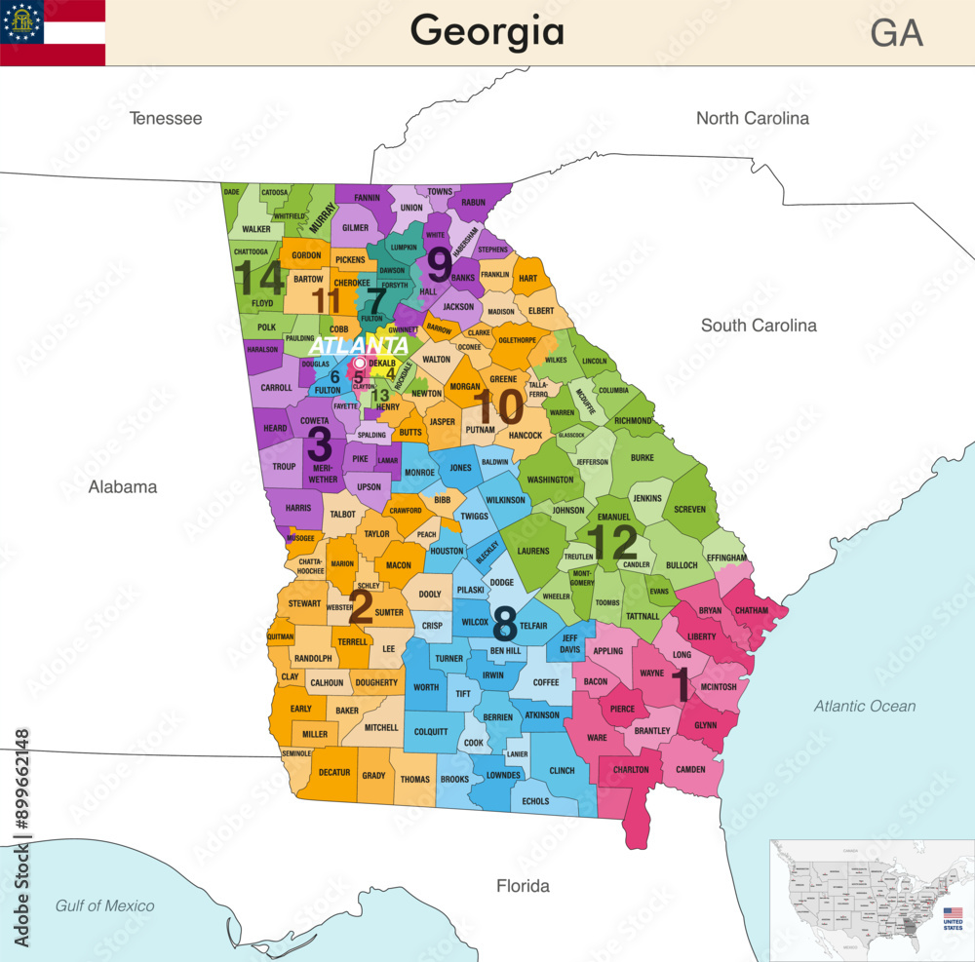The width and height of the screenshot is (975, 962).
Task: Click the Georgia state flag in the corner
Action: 53,32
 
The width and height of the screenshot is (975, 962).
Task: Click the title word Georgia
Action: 487,31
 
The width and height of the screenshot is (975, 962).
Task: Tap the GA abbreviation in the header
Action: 896,33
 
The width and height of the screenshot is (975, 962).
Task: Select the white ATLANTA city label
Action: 359,346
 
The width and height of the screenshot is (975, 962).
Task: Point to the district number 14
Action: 259,278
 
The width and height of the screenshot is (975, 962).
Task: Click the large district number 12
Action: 612,543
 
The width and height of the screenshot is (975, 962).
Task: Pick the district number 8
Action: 504,621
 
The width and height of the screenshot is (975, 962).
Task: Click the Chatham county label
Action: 752,610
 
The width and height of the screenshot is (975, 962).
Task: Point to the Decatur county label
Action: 333,772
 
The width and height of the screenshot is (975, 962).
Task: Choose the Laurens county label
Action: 532,551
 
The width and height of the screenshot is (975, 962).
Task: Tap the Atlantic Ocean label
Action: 865,706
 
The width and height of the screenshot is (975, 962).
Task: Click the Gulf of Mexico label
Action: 104,905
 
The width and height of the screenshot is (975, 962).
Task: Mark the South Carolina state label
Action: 759,325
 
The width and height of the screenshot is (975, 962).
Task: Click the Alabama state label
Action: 123,486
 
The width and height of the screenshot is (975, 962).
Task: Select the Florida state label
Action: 523,885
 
